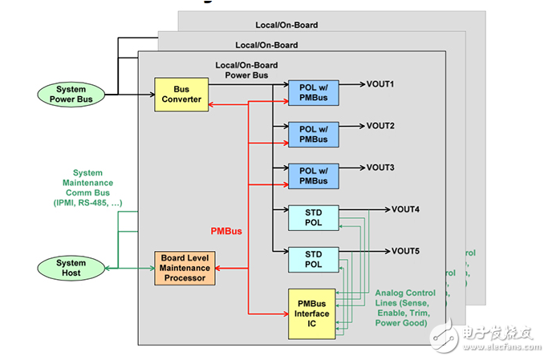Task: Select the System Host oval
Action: (71, 268)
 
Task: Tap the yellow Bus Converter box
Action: (181, 94)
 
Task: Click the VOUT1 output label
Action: (381, 84)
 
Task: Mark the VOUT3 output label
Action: (381, 168)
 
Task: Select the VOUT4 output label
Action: (406, 210)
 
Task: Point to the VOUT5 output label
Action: (406, 251)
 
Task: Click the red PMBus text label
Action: (226, 231)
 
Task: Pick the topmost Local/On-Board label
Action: (287, 25)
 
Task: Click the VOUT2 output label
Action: (381, 126)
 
